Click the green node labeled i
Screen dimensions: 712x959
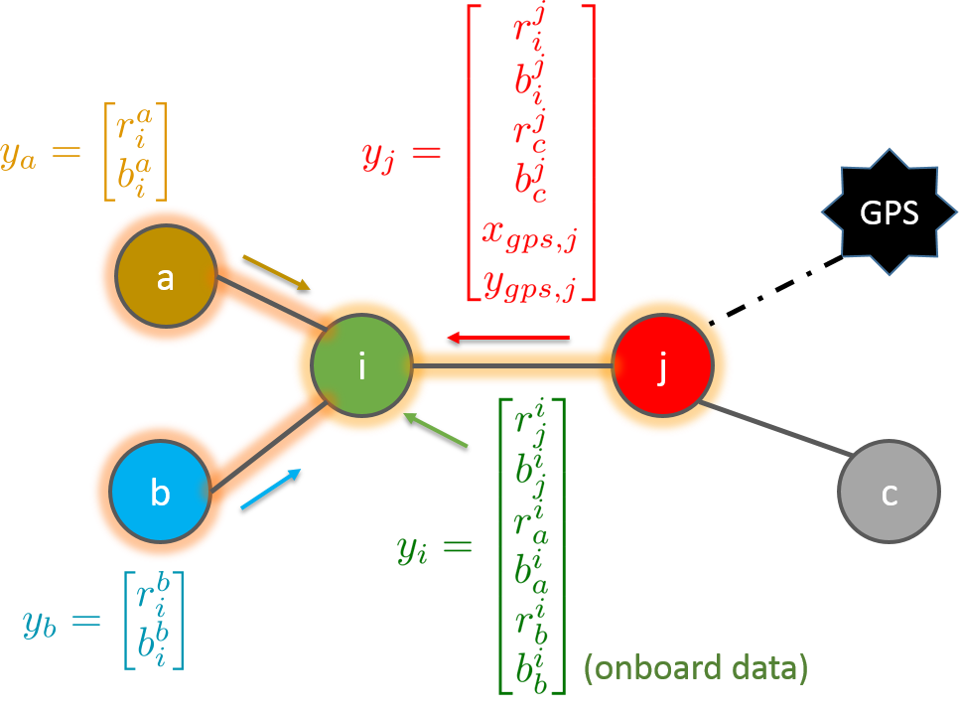[361, 366]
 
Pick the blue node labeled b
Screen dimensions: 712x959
[160, 492]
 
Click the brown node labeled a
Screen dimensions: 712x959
[166, 277]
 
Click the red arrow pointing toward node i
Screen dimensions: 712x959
[507, 340]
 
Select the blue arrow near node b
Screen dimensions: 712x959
[270, 490]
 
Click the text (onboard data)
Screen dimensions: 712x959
[695, 668]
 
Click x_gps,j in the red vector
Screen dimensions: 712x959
[529, 235]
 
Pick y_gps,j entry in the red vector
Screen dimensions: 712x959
[529, 285]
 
